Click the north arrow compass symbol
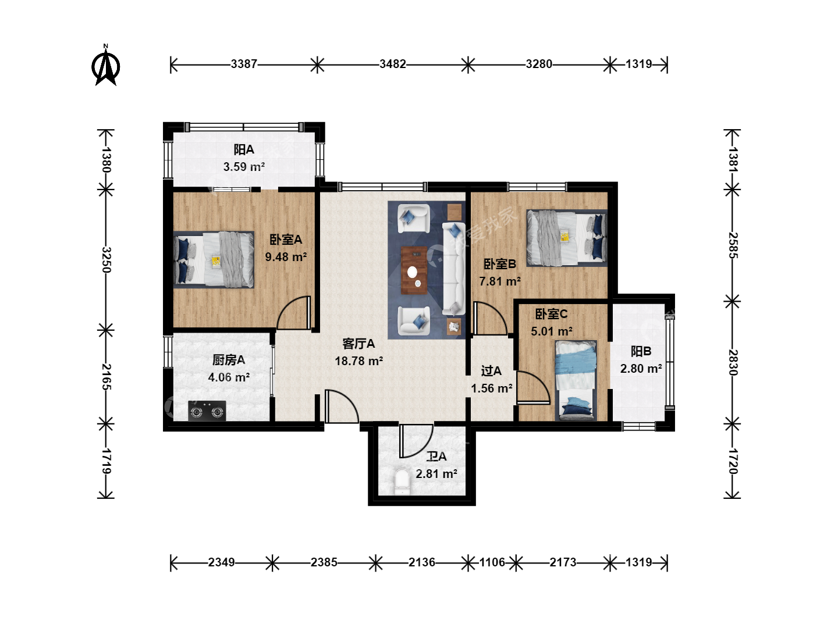click(x=106, y=66)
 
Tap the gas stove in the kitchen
click(x=207, y=411)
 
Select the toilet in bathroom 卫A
click(x=402, y=481)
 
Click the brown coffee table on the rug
click(x=414, y=270)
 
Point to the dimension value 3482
click(x=392, y=64)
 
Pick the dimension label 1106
click(x=492, y=562)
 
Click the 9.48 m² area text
click(x=286, y=256)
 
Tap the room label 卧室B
click(x=500, y=263)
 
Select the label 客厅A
click(x=358, y=344)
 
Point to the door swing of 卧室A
click(x=293, y=313)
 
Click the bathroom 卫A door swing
click(x=416, y=441)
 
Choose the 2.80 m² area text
click(x=641, y=368)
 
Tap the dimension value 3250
click(x=106, y=260)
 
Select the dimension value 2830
click(x=732, y=362)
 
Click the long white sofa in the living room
click(x=453, y=269)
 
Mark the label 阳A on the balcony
click(x=244, y=149)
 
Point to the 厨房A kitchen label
click(x=229, y=359)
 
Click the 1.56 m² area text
click(x=491, y=388)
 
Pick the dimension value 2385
click(x=324, y=562)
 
